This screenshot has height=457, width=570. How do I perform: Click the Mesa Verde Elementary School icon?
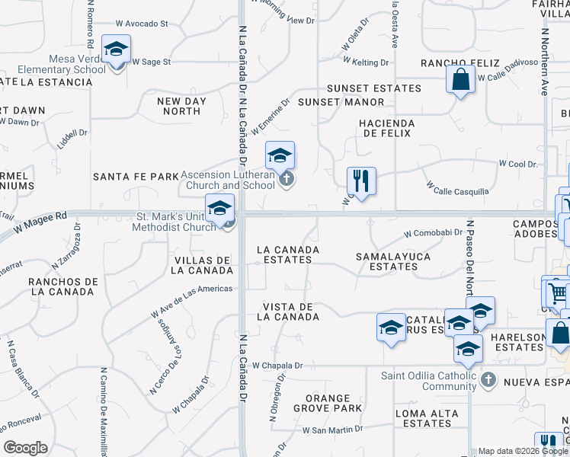point(116,50)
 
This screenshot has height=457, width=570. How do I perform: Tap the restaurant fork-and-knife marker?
point(360,181)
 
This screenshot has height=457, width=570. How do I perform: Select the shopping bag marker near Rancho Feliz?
point(461,79)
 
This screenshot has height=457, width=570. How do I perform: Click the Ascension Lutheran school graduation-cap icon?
point(280,157)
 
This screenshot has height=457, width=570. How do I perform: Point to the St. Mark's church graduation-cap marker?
point(219,208)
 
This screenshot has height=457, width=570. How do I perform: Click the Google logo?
point(25,448)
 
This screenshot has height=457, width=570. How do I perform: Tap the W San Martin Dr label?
point(332,430)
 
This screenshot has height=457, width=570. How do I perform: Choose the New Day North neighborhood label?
point(179,106)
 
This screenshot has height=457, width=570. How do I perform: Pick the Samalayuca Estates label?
point(393,261)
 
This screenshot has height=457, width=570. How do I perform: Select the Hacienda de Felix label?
point(388,128)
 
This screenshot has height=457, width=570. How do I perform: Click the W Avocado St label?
point(142,24)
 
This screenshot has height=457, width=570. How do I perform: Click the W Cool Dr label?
point(518,164)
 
